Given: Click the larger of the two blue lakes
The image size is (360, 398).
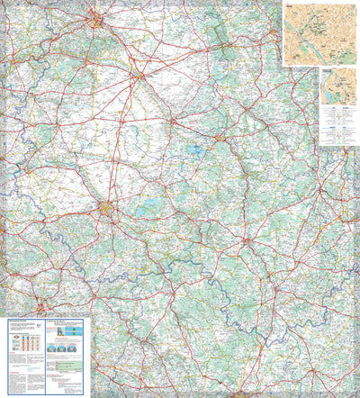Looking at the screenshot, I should [x=193, y=151].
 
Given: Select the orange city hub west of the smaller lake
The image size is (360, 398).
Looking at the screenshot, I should [x=108, y=211].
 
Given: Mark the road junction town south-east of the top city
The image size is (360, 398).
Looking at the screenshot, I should [x=137, y=76].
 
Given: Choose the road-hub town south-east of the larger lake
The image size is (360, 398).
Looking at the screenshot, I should [x=247, y=241].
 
